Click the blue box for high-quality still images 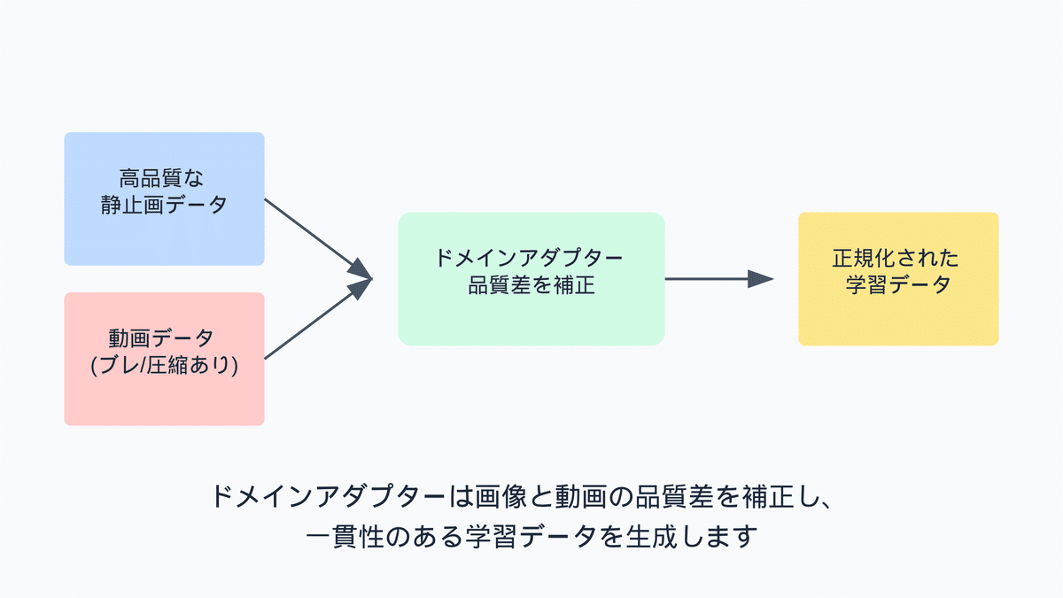(164, 198)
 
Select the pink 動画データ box (164, 359)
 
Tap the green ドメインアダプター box (531, 278)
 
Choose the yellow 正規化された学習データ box (898, 278)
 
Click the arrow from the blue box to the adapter (318, 239)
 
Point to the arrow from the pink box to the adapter (318, 318)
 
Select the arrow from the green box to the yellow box (719, 278)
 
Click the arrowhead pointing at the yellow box (760, 278)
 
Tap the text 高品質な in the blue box (161, 178)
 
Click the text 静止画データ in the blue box (164, 205)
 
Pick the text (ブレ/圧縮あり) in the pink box (164, 365)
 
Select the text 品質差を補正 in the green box (531, 285)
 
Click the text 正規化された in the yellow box (896, 258)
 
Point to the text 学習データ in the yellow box (898, 284)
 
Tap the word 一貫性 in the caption (345, 536)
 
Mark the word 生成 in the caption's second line (651, 536)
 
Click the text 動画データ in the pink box (161, 338)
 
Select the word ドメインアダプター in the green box (529, 258)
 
